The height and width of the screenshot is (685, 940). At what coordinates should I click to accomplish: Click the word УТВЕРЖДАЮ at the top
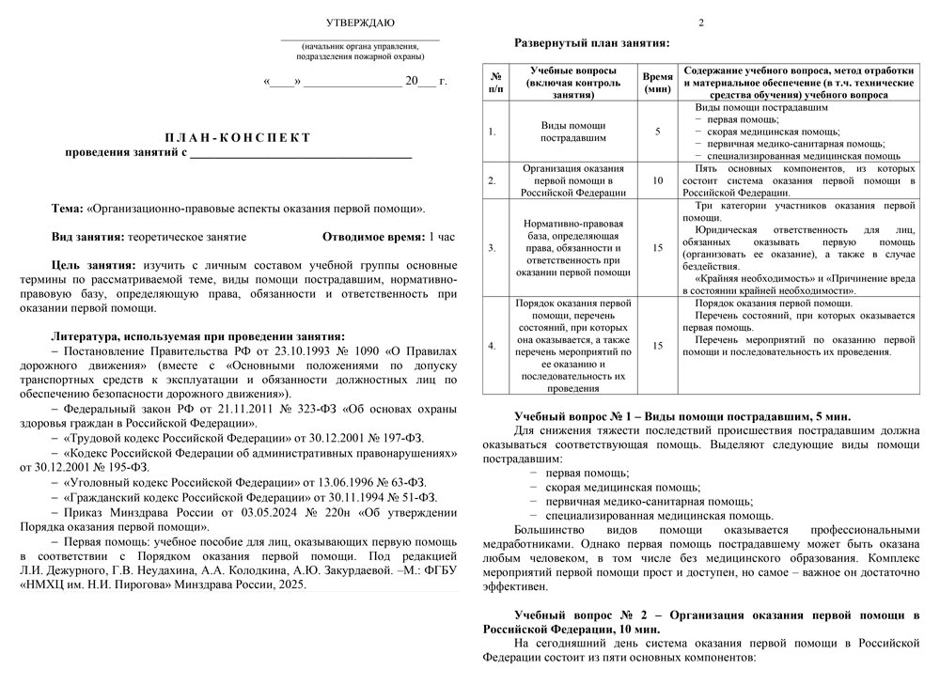click(360, 22)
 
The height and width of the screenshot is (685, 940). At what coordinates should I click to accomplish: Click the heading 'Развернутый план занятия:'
click(591, 42)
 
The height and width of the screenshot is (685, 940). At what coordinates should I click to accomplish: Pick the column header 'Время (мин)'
click(657, 83)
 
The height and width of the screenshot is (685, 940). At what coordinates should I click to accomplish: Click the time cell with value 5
click(657, 131)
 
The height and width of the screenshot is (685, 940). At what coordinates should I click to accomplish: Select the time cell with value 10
click(657, 180)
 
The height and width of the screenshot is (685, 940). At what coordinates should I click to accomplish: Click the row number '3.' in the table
click(493, 248)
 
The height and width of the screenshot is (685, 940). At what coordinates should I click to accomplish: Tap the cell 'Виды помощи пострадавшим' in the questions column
click(572, 131)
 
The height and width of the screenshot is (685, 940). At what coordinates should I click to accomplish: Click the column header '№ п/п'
click(495, 83)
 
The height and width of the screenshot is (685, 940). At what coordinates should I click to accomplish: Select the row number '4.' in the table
click(493, 346)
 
